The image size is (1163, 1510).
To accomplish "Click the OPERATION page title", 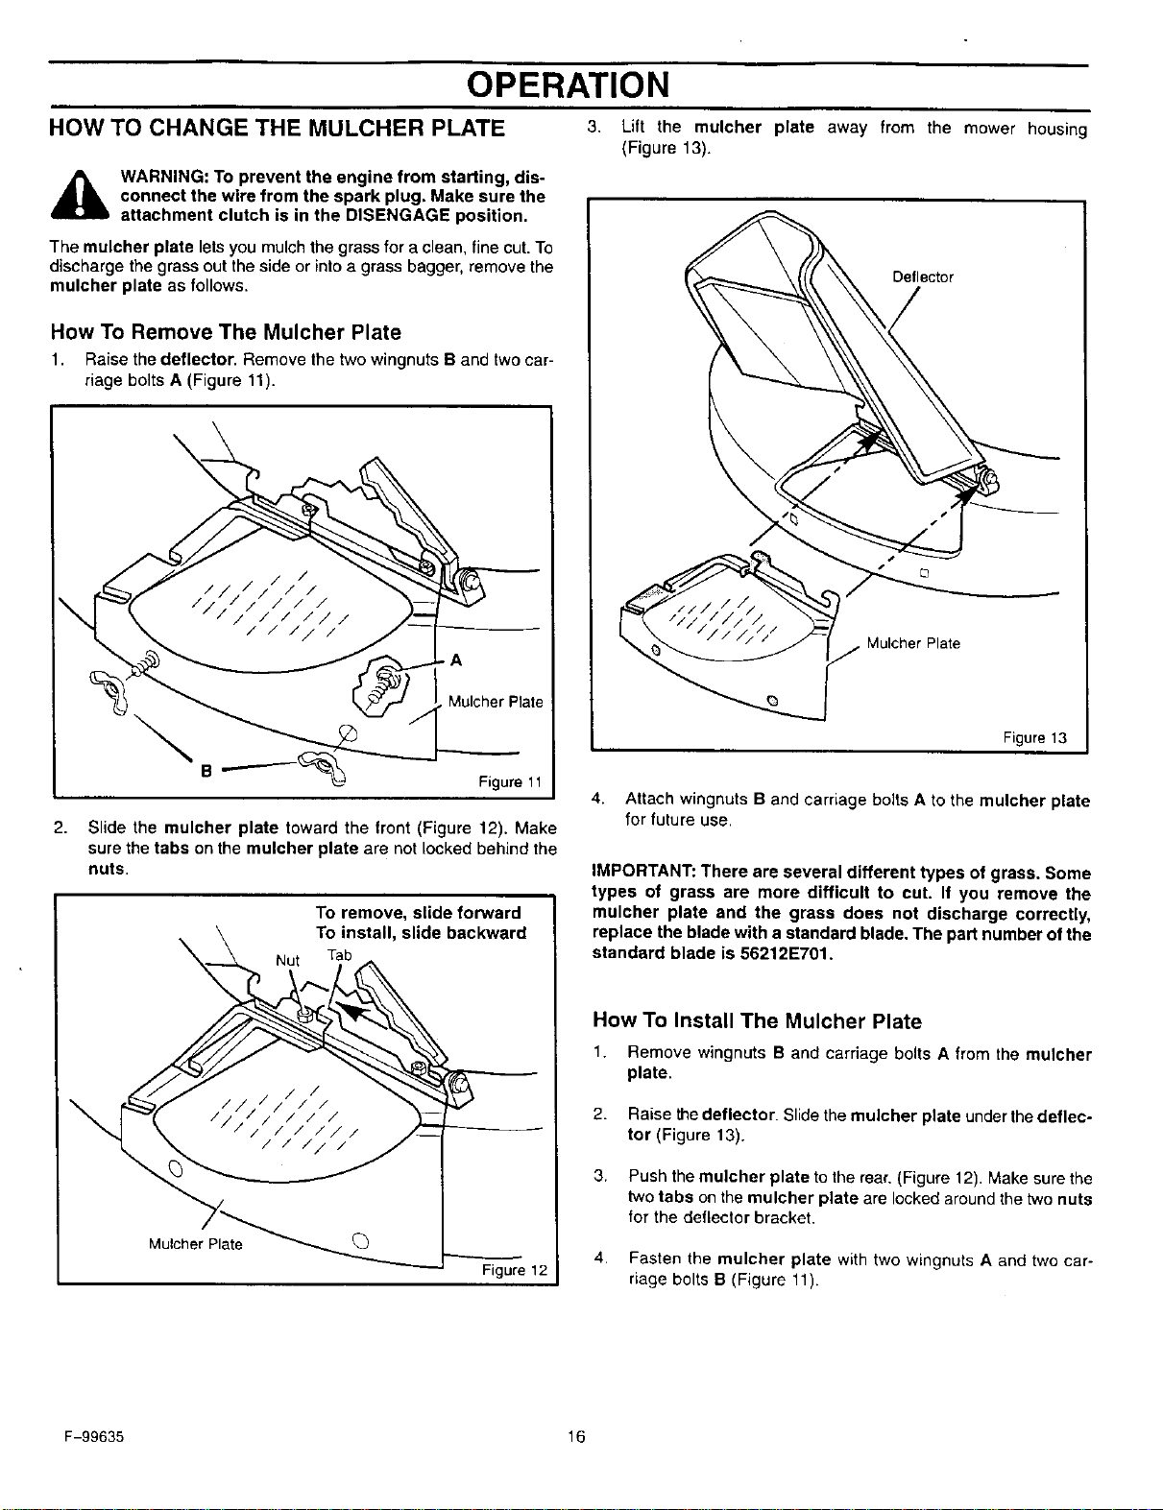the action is coord(568,85).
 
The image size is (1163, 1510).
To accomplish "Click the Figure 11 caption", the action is coord(510,781).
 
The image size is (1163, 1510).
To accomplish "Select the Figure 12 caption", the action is coord(515,1270).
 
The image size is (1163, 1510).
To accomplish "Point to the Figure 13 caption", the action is coord(1034,738).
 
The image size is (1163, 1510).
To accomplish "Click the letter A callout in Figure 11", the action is coord(456,660).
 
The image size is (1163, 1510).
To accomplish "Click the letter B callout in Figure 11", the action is coord(206,771).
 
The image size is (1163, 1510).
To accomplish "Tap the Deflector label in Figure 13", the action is coord(923,277).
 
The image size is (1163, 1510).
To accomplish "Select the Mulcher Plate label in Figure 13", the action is coord(912,643).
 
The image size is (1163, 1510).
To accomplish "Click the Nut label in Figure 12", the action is coord(287,960).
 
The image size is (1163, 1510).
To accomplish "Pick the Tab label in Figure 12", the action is coord(339,955).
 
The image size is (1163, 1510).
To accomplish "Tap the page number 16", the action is coord(575,1436).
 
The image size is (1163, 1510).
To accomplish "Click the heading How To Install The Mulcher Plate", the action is coord(757,1020).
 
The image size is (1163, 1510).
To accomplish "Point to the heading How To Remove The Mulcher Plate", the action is coord(226,332).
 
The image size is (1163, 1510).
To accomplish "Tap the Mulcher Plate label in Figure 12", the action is coord(195,1244).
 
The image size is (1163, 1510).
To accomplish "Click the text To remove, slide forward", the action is coord(418,912).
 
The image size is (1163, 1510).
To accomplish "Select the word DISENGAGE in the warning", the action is coord(398,215).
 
